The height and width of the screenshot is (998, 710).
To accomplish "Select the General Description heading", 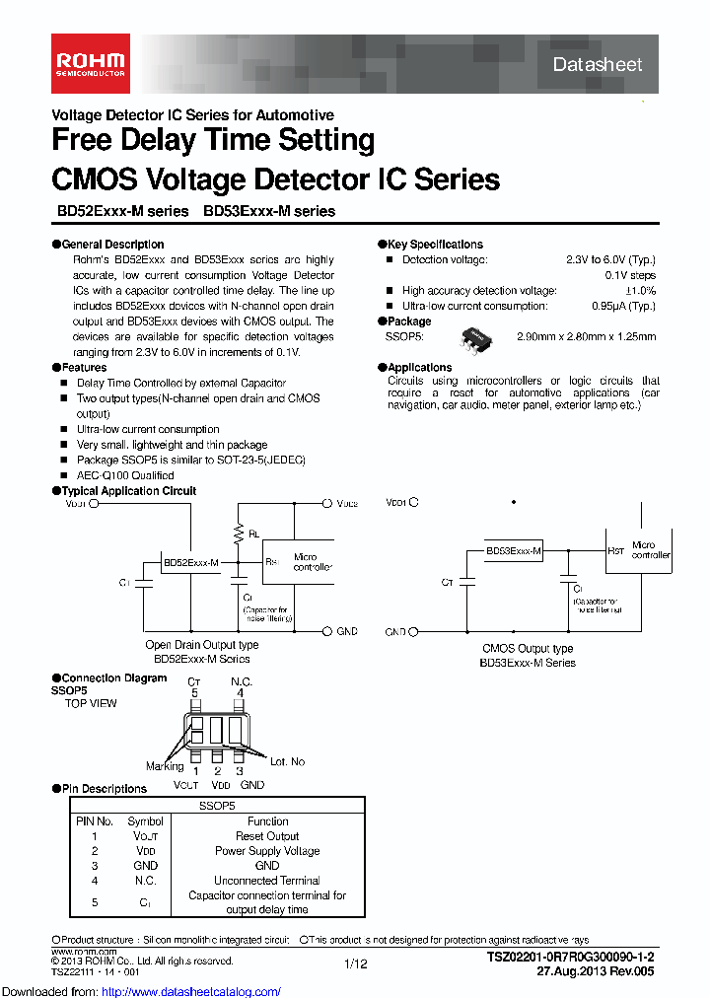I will point(112,244).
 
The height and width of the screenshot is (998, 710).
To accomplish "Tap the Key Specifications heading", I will point(435,244).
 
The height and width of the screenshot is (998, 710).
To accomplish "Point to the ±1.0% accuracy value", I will point(640,291).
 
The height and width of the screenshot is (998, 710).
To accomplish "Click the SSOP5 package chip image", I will point(481,338).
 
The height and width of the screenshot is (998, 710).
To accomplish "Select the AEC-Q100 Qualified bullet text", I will point(125,475).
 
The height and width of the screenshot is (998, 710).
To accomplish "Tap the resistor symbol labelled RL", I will point(238,533).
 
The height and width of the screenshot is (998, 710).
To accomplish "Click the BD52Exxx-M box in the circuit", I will point(190,562).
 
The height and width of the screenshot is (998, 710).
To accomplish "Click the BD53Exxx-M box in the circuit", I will point(514,552).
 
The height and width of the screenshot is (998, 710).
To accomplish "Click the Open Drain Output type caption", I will point(202,645).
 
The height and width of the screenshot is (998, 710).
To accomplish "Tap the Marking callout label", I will point(165,765).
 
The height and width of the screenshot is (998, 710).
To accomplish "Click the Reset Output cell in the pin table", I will point(267,835).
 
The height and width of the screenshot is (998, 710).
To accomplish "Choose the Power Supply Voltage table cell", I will point(267,850).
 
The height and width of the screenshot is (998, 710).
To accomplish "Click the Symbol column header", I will point(146,820).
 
